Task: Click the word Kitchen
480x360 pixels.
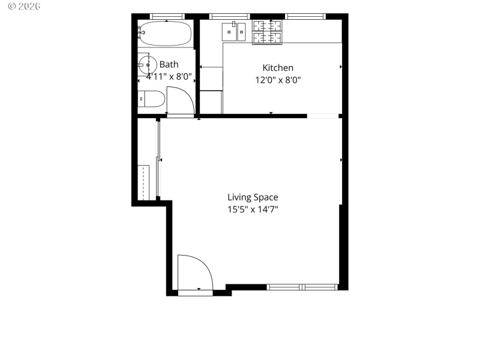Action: coord(278,68)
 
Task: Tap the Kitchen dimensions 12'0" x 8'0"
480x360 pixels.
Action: coord(278,79)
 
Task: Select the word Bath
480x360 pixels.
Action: coord(169,64)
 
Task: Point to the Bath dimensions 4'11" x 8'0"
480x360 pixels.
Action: coord(169,76)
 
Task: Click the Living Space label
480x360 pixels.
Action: coord(253,197)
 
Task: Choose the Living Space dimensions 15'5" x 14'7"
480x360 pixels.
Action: coord(253,209)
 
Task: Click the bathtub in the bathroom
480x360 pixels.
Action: coord(165,33)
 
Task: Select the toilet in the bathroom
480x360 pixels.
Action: coord(151,98)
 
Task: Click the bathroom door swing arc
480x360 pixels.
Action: coord(181,100)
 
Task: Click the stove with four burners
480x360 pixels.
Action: coord(267,32)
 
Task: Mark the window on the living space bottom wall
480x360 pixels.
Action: coord(303,287)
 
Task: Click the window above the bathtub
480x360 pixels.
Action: coord(166,16)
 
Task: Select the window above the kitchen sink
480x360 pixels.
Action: coord(229,16)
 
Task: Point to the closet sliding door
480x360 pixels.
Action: coord(158,159)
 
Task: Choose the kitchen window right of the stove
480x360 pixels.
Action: coord(305,16)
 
